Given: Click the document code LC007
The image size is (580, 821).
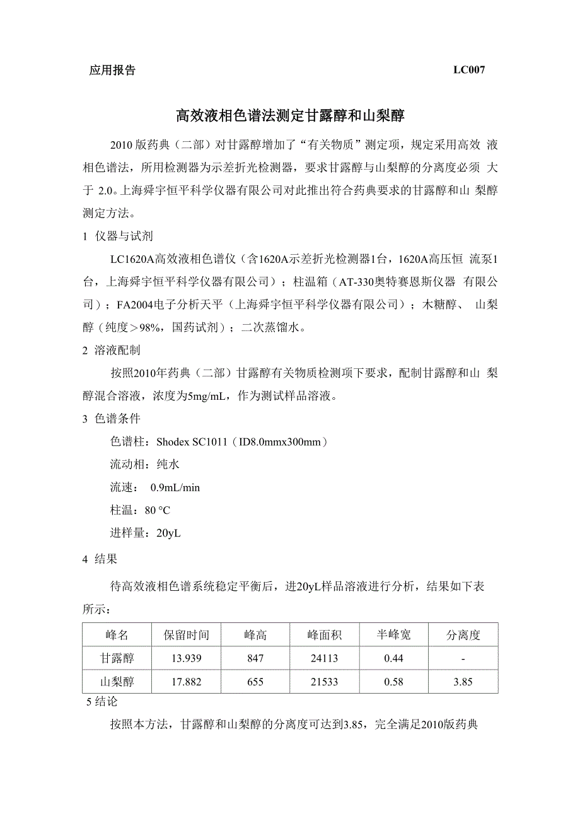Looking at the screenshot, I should pos(468,71).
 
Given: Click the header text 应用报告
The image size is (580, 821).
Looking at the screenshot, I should pos(112,71).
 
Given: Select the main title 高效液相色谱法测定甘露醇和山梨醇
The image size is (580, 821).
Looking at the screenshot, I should pos(289,115).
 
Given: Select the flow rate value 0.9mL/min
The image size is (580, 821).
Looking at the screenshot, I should pos(175,487).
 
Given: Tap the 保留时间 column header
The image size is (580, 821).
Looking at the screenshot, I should pos(186,635).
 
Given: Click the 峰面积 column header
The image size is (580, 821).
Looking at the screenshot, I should pos(324,635).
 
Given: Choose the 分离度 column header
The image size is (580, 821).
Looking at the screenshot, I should pos(463,635).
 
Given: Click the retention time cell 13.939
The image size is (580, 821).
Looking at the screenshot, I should pos(186,658).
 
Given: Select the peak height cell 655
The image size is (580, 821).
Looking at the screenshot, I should pos(255,682).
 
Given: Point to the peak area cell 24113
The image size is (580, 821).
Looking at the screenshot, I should pos(324,658).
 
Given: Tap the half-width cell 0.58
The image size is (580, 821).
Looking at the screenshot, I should pos(393,682).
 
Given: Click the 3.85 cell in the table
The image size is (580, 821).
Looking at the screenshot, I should pos(463,682).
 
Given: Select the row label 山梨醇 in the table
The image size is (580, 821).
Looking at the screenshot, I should pos(117,682).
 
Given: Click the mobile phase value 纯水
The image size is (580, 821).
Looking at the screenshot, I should pos(168,465).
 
